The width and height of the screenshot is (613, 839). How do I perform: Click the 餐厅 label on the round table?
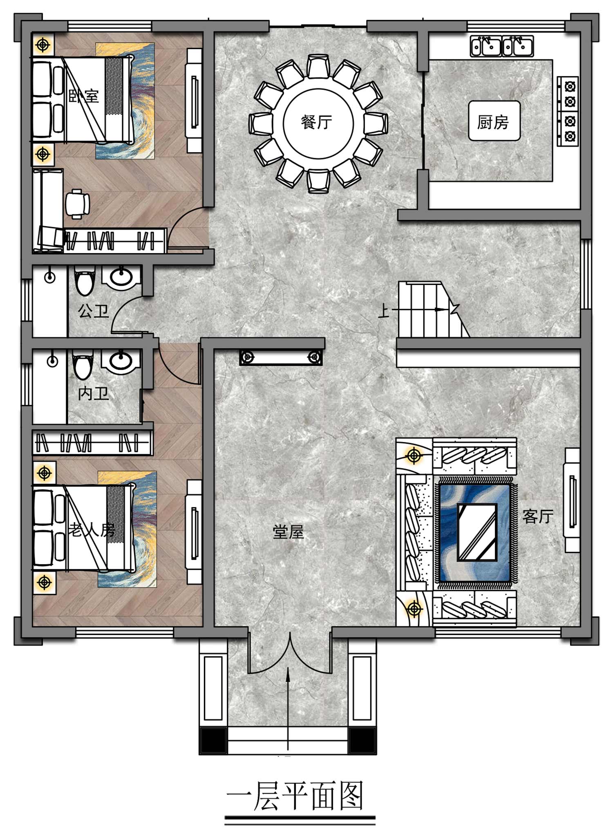tap(316, 122)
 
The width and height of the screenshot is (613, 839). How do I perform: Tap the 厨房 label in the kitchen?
tap(493, 122)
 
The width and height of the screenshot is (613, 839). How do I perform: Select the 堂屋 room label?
tap(289, 532)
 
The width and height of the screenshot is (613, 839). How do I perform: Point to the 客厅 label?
tap(538, 516)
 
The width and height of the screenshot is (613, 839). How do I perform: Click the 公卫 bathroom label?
tap(94, 311)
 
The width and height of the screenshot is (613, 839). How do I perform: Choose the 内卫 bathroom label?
tap(94, 393)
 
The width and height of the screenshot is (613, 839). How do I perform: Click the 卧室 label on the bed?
tap(84, 96)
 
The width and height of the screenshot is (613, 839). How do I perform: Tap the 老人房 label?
tap(91, 530)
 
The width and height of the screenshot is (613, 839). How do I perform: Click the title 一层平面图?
tap(295, 796)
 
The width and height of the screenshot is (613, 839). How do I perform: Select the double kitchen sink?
tap(502, 46)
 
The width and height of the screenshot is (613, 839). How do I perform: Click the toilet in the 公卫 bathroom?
tap(85, 280)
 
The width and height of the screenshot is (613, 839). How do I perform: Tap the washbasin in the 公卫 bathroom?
tap(121, 277)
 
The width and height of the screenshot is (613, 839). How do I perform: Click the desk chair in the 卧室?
tap(77, 204)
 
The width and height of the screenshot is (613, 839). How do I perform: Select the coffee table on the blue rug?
tap(477, 532)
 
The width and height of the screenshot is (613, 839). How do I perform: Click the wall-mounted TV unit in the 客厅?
tap(572, 500)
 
